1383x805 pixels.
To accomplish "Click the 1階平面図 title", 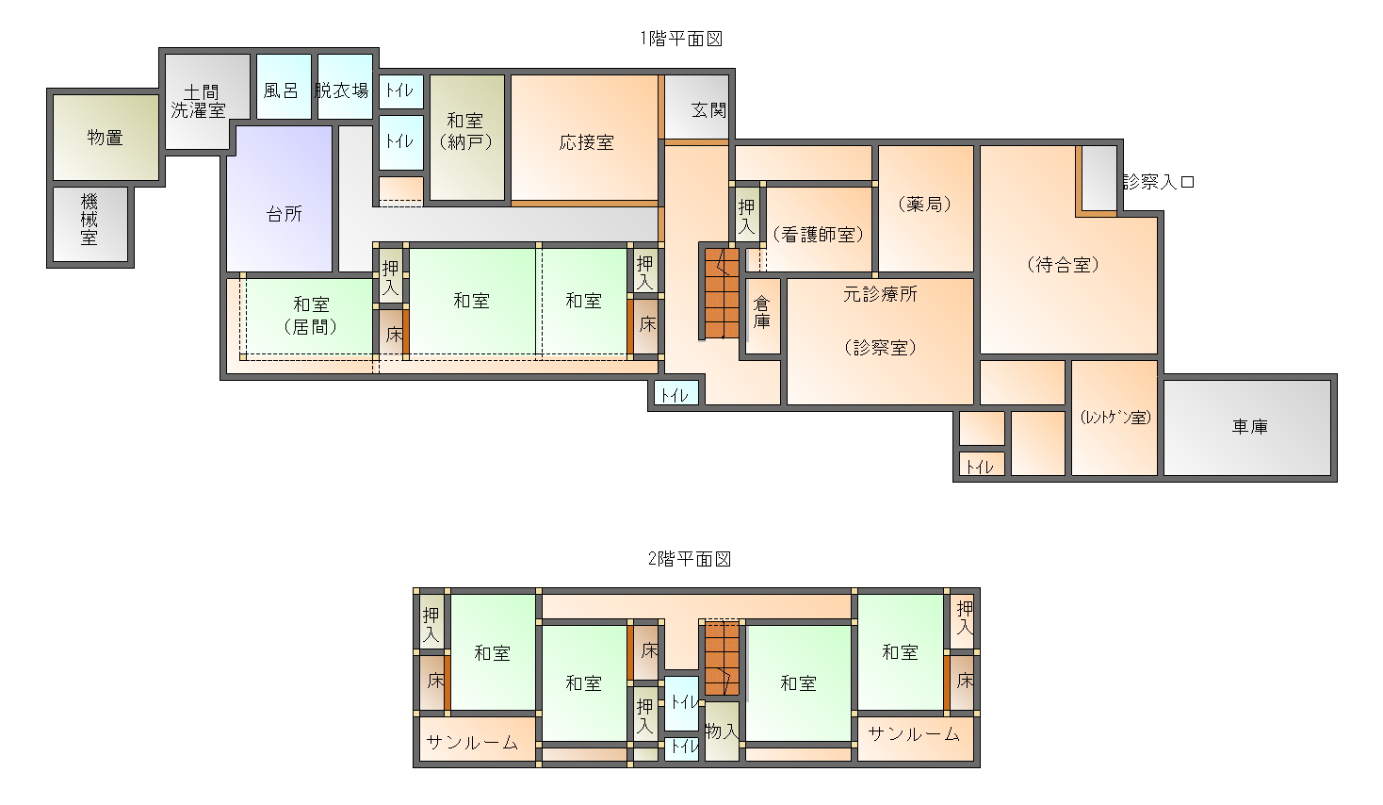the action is pyautogui.click(x=681, y=39).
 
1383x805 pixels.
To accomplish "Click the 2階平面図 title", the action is pyautogui.click(x=689, y=559).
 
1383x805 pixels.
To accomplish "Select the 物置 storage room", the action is pyautogui.click(x=106, y=138).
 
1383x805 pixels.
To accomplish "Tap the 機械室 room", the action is pyautogui.click(x=90, y=224).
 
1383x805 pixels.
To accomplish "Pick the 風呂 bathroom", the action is pyautogui.click(x=284, y=87).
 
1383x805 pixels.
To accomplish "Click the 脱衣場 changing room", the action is pyautogui.click(x=345, y=87).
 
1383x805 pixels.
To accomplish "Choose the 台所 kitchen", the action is pyautogui.click(x=279, y=198).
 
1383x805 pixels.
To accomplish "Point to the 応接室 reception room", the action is pyautogui.click(x=584, y=138).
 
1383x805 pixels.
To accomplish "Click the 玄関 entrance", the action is pyautogui.click(x=697, y=107).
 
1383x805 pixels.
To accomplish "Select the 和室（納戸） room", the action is pyautogui.click(x=467, y=138).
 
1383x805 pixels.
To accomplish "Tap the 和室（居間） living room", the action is pyautogui.click(x=310, y=316).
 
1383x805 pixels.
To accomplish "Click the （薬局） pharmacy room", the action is pyautogui.click(x=925, y=208).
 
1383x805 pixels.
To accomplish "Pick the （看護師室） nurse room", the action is pyautogui.click(x=819, y=229).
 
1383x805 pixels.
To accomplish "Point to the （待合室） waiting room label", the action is pyautogui.click(x=1064, y=265).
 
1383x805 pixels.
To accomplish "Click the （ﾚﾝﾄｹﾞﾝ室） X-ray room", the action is pyautogui.click(x=1114, y=418).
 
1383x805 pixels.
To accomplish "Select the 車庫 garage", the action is pyautogui.click(x=1247, y=428).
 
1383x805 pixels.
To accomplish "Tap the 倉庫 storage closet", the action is pyautogui.click(x=763, y=316).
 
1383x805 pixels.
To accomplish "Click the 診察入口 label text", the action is pyautogui.click(x=1159, y=182).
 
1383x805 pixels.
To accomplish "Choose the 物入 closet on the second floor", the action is pyautogui.click(x=722, y=731).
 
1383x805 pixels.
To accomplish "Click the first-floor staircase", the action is pyautogui.click(x=722, y=293).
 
